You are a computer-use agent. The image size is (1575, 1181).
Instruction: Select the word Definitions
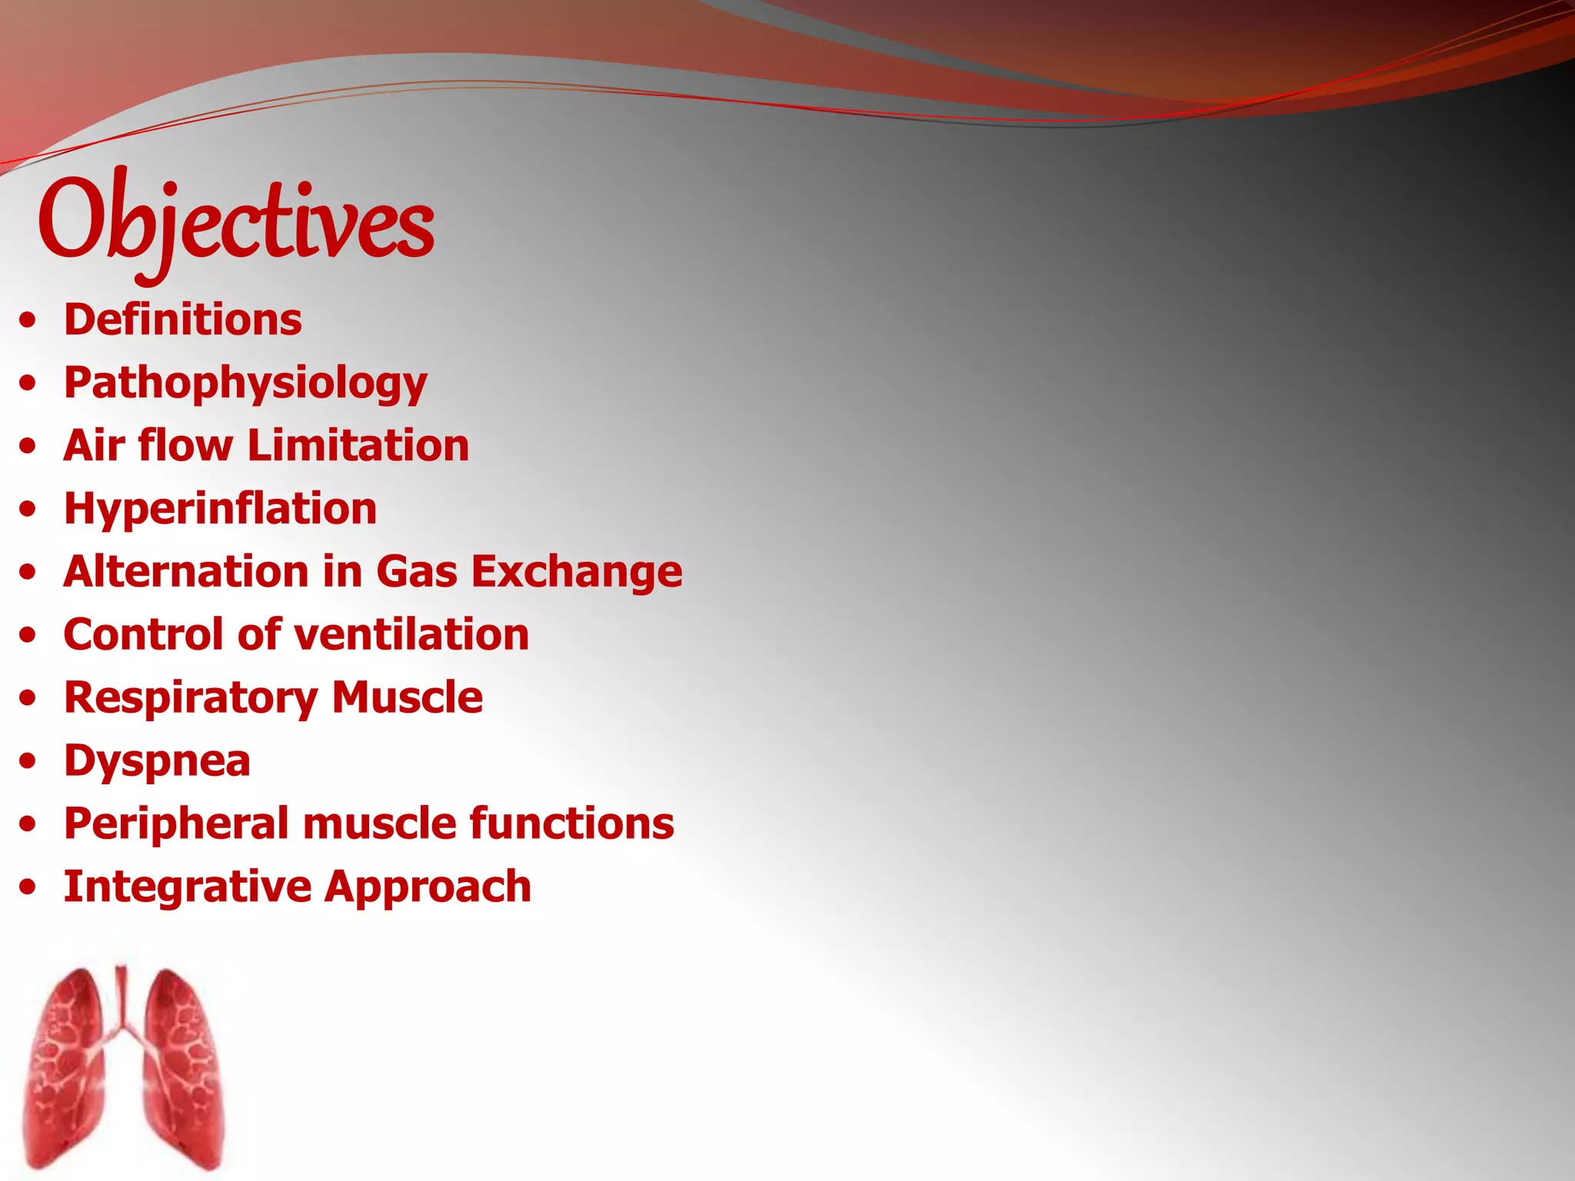183,320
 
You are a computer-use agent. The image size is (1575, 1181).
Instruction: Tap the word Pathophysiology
245,384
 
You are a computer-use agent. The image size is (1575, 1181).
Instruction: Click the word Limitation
358,446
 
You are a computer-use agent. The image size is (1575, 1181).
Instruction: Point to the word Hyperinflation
221,509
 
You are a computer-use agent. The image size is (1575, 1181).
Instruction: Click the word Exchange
577,572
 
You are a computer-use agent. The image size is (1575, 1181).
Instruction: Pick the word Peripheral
176,824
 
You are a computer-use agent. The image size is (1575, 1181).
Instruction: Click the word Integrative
187,887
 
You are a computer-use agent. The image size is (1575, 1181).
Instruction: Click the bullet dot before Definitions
28,321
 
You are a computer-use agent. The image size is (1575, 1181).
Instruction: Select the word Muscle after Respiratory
408,698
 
